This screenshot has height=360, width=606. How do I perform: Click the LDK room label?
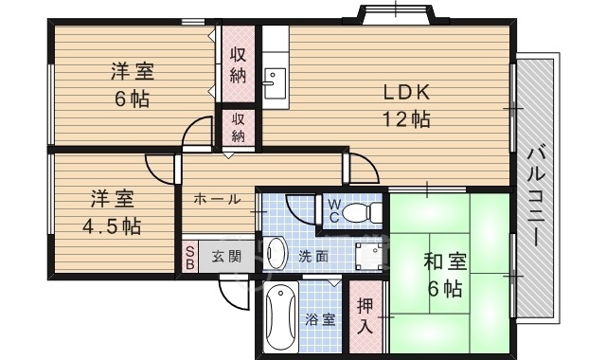tap(406, 93)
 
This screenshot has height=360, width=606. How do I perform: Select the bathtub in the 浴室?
tap(281, 315)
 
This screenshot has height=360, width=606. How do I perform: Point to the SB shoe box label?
tap(189, 257)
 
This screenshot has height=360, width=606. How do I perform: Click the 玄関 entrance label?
tap(226, 257)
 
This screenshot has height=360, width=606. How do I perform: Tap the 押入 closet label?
tap(365, 315)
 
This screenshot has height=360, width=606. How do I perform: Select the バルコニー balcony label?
tap(537, 197)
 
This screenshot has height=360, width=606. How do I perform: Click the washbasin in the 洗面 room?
tap(276, 254)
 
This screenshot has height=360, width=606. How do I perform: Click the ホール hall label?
tap(217, 200)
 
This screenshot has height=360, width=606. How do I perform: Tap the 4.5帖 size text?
tap(112, 225)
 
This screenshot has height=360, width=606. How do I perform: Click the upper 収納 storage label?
tap(238, 65)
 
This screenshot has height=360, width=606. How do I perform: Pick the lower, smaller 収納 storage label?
tap(238, 128)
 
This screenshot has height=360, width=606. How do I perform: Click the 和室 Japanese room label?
tap(445, 261)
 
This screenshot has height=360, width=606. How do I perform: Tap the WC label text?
tap(334, 210)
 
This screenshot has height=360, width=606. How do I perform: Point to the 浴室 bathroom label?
tap(320, 320)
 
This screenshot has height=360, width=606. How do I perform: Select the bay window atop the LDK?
tap(397, 14)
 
